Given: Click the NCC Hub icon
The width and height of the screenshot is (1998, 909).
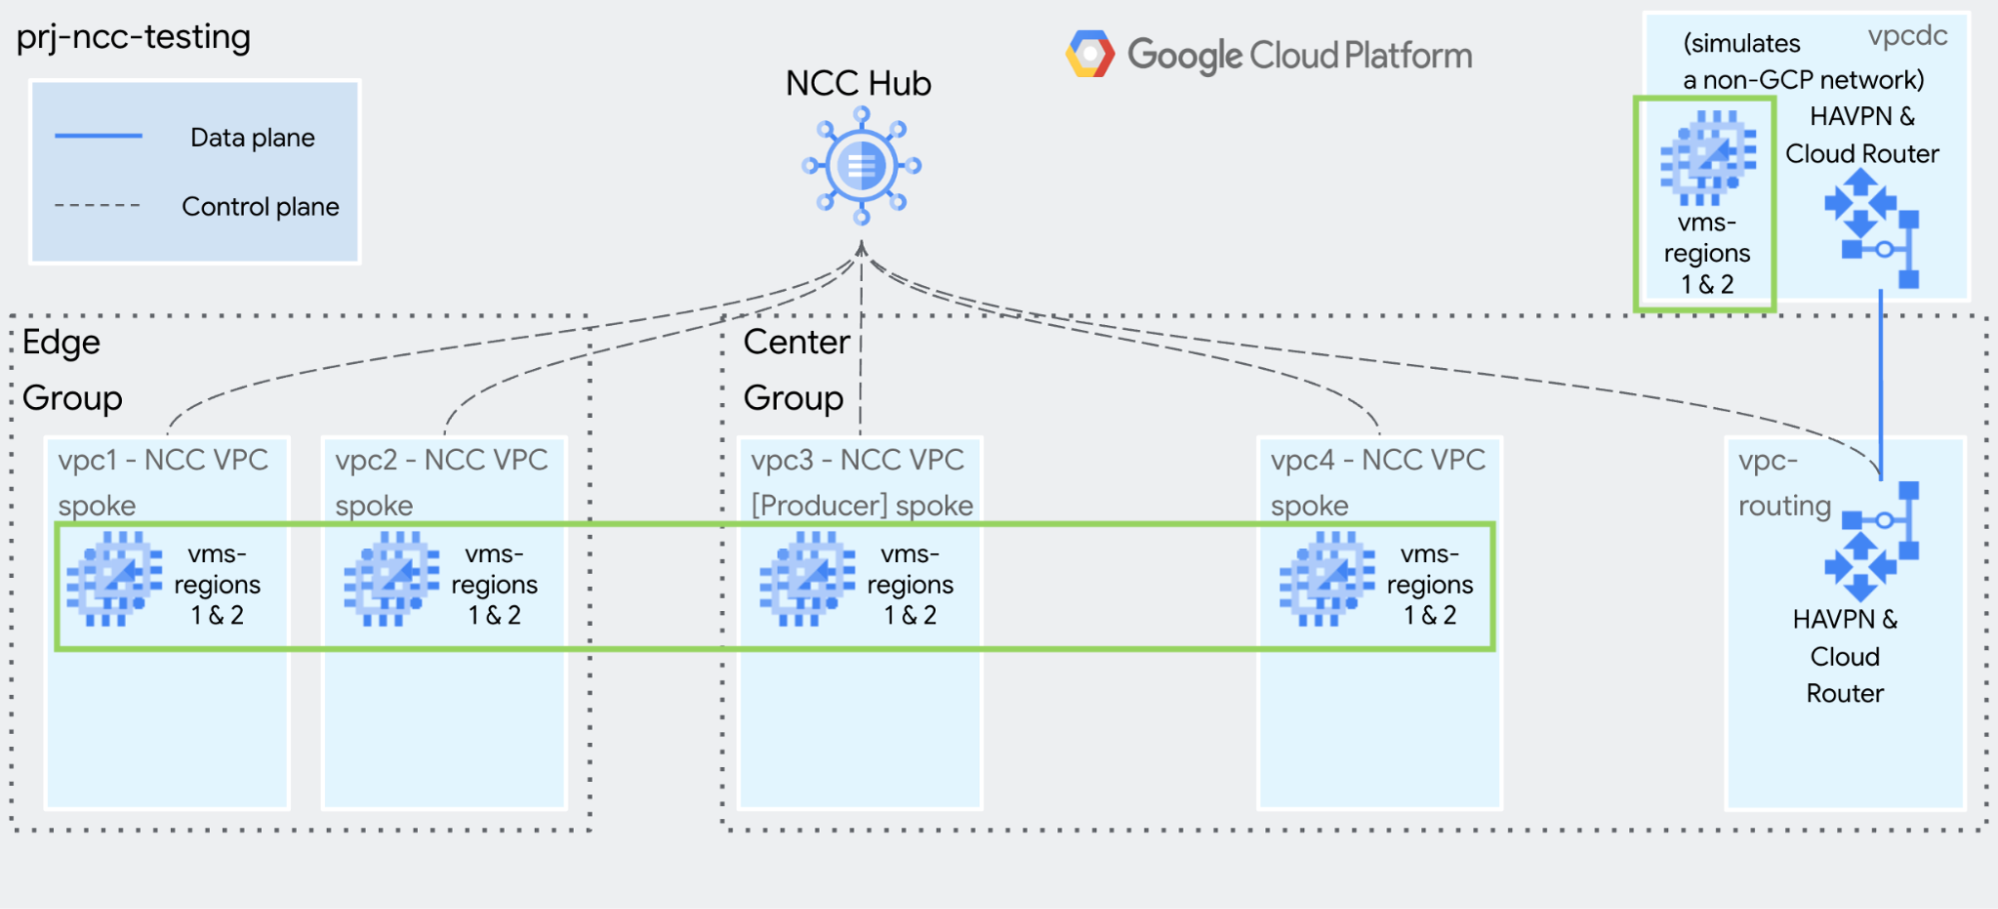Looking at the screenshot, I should point(861,166).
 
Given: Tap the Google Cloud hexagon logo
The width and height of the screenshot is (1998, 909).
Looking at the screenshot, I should point(1089,54).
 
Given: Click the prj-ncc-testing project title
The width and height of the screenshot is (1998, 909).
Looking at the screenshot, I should point(134,37).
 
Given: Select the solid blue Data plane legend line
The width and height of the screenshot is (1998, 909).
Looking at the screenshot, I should point(98,136).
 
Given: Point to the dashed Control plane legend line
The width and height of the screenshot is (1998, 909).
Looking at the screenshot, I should point(98,206).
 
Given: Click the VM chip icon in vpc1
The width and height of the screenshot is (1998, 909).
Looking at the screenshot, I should point(113,580).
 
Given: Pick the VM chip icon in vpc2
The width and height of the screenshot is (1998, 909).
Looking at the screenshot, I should point(391,580).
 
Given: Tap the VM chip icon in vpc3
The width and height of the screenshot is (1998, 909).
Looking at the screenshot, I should point(806,580).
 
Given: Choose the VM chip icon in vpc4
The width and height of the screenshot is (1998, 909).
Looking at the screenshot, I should point(1326,580).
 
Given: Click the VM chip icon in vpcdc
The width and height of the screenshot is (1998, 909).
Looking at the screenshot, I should point(1707,157).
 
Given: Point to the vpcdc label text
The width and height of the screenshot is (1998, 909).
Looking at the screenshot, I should point(1907,37).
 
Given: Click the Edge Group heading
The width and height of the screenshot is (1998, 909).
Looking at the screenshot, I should point(72,370).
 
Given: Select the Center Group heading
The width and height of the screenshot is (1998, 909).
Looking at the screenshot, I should point(796,370).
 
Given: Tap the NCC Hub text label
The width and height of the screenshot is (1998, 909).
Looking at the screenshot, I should point(858,83).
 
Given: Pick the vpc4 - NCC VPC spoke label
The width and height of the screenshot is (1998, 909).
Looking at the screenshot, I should point(1377,482).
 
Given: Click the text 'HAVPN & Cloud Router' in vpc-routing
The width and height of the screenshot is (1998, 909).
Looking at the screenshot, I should point(1845,656).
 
